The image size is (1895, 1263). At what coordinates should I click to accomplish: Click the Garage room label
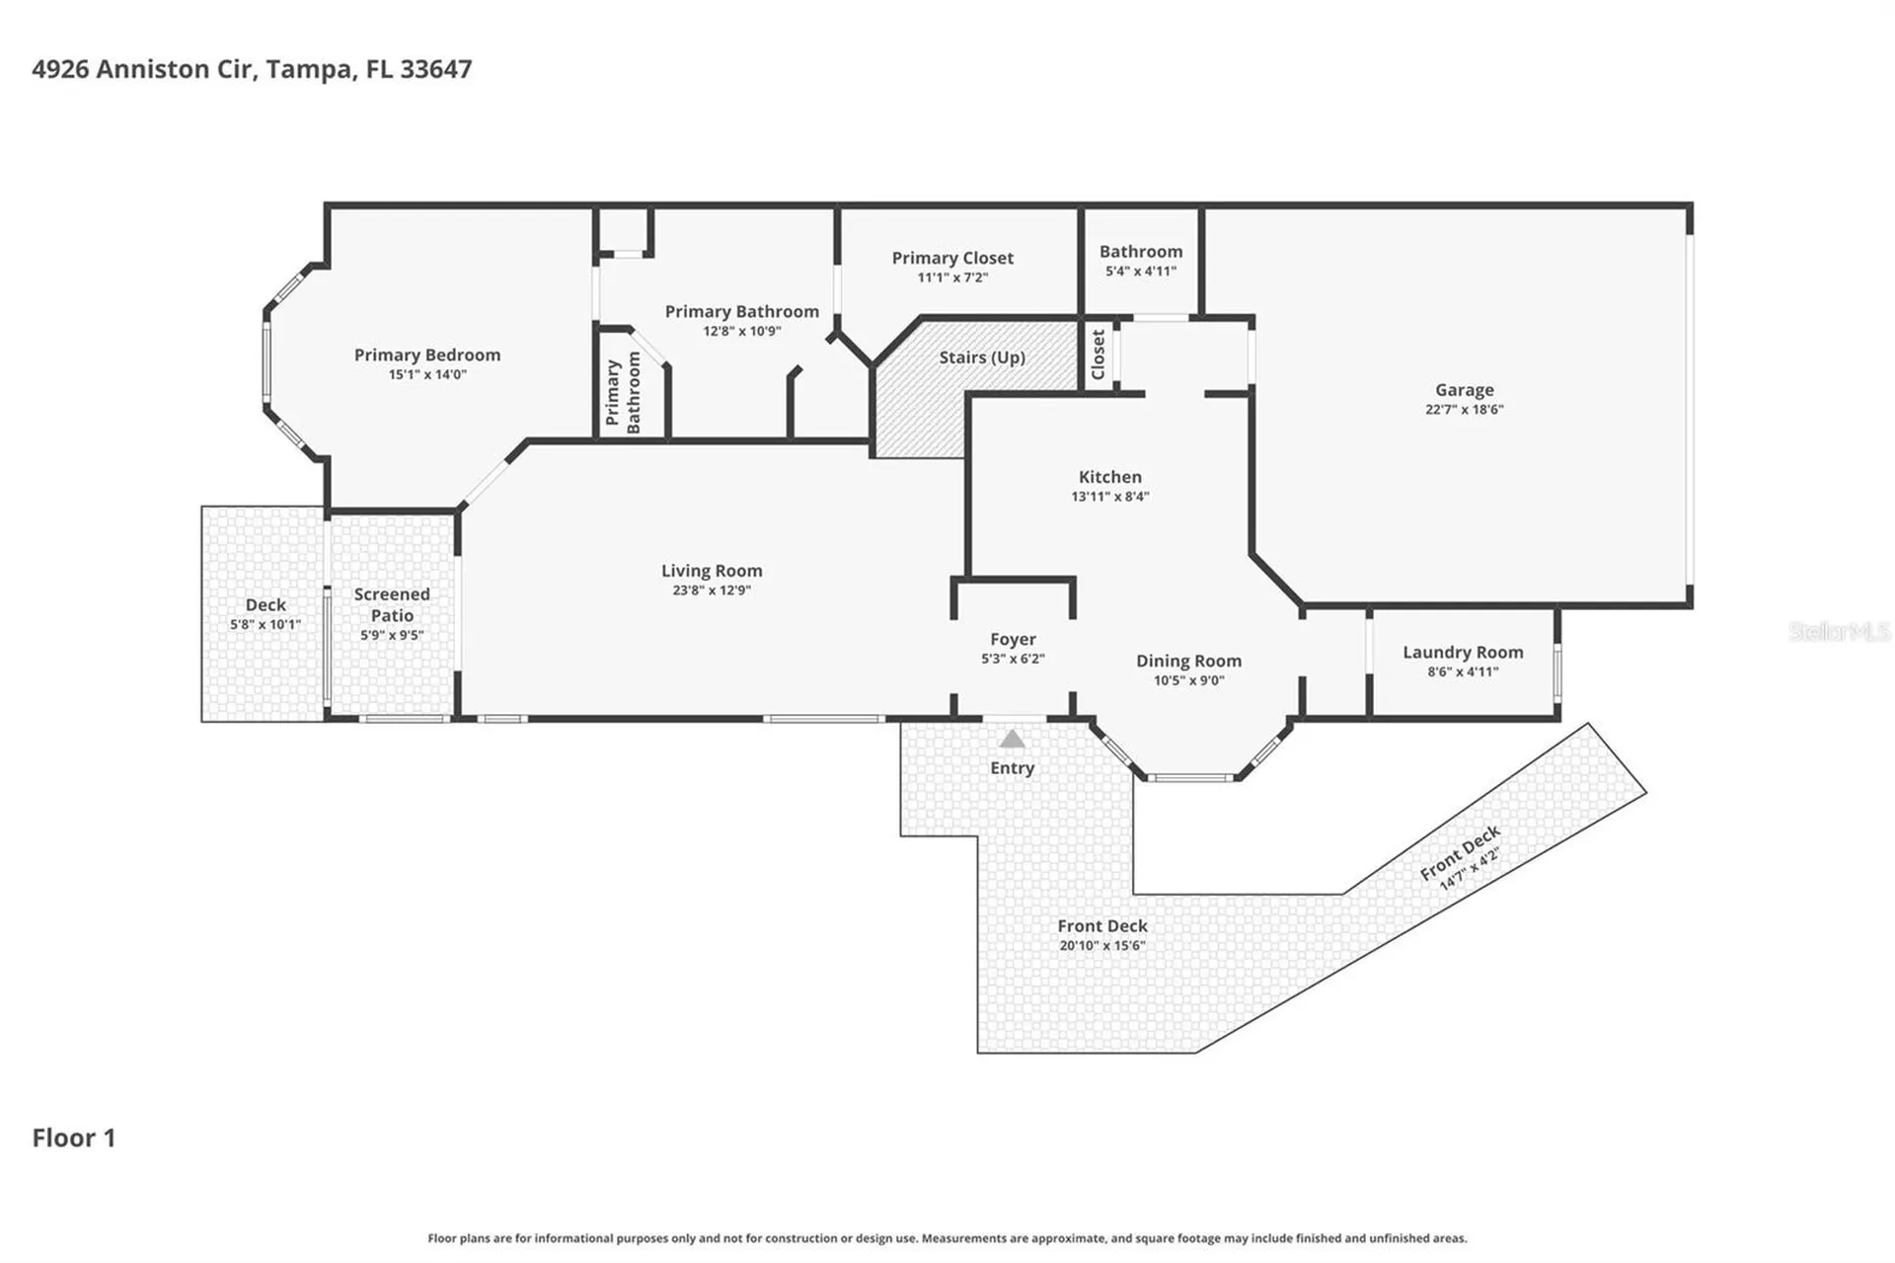click(x=1464, y=390)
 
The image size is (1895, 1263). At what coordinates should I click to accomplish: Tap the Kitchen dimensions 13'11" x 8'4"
click(x=1110, y=497)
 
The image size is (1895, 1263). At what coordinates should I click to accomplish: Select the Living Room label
click(x=712, y=571)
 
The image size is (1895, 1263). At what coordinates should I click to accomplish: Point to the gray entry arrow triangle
click(x=1013, y=739)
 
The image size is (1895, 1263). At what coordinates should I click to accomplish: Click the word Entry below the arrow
click(x=1013, y=768)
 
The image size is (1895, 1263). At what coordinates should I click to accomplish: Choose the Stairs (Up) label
click(x=982, y=357)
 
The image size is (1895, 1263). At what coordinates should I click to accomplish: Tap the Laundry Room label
click(x=1463, y=653)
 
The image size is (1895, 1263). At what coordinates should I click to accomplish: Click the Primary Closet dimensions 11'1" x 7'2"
click(x=952, y=277)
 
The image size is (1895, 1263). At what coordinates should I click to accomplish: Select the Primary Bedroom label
click(x=427, y=355)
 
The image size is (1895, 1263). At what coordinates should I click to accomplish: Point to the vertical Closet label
click(x=1098, y=355)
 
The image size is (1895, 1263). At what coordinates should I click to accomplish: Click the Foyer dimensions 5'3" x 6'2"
click(x=1013, y=659)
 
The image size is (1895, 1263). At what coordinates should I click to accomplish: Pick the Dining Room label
click(x=1188, y=662)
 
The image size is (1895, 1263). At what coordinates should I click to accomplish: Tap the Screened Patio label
click(x=392, y=604)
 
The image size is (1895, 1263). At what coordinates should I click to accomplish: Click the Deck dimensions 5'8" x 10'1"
click(x=265, y=625)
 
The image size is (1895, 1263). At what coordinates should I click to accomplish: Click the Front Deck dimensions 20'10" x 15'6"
click(x=1102, y=946)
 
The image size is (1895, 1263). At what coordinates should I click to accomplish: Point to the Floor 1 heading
click(x=74, y=1138)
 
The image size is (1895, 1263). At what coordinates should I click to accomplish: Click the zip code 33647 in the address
click(x=435, y=69)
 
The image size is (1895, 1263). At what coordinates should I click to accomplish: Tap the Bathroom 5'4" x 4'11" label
click(x=1141, y=261)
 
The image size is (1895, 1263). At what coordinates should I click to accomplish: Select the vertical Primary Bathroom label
click(x=623, y=393)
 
